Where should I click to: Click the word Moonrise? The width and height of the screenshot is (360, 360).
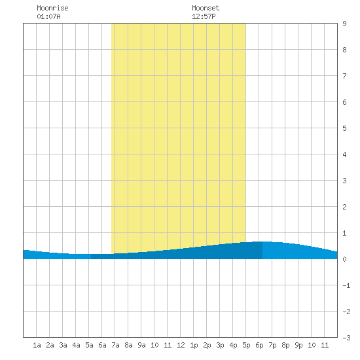tap(52, 8)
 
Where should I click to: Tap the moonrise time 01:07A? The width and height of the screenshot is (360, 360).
tap(48, 16)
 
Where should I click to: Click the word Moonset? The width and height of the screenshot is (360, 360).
tap(206, 8)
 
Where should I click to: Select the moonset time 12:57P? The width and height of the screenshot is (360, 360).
tap(204, 16)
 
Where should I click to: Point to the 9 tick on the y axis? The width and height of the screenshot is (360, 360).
tap(344, 24)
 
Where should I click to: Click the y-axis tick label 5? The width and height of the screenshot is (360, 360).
tap(344, 128)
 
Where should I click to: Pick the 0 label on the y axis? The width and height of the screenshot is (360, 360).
tap(344, 259)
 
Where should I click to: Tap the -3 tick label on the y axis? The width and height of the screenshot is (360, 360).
tap(346, 338)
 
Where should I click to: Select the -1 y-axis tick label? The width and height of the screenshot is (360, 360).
tap(346, 285)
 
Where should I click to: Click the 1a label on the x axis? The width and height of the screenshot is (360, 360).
tap(37, 345)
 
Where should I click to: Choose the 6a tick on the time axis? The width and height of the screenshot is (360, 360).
tap(102, 345)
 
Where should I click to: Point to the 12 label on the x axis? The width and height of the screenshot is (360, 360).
tap(181, 345)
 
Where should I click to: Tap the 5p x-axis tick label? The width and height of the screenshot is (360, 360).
tap(246, 345)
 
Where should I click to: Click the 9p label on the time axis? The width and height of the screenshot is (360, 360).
tap(298, 345)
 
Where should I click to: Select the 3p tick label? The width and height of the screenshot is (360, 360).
tap(220, 345)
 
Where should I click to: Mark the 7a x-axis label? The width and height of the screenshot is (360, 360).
tap(115, 345)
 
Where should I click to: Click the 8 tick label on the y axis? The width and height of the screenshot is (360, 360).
tap(344, 50)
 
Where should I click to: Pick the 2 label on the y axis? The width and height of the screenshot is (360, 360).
tap(344, 207)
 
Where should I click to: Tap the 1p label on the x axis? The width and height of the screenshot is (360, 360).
tap(194, 345)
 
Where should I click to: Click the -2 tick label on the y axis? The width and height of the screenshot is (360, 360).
tap(346, 312)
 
